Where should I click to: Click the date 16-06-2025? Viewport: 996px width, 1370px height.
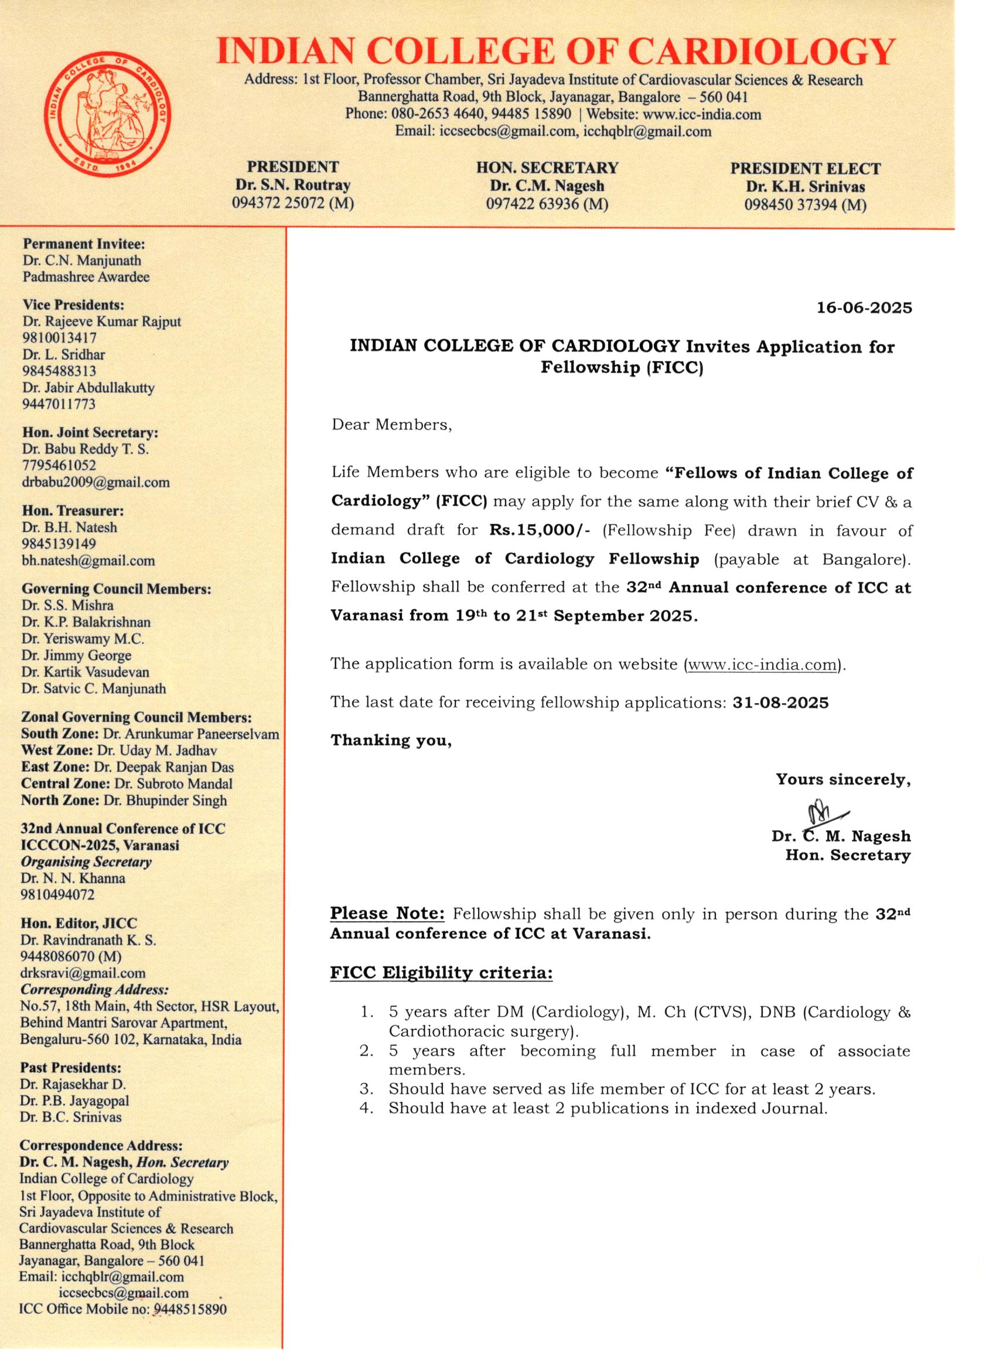coord(864,308)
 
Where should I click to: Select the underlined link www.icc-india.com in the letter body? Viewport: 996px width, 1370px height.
coord(762,664)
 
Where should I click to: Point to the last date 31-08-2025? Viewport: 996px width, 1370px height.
coord(780,703)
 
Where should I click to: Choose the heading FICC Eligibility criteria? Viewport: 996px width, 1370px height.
coord(441,973)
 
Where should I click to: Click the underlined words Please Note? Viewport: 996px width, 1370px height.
coord(387,914)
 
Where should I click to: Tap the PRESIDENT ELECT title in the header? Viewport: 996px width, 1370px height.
coord(805,169)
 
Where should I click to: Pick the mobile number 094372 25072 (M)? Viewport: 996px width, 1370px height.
coord(293,203)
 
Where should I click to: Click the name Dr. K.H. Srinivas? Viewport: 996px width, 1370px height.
coord(805,187)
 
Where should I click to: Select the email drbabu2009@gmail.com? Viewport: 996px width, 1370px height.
coord(95,482)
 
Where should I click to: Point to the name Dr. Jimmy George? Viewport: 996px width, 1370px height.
coord(76,655)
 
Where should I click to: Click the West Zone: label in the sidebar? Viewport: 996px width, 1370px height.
coord(57,750)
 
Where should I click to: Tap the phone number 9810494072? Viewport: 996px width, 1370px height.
coord(58,895)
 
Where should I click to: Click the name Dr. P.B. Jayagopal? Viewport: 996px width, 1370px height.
coord(74,1100)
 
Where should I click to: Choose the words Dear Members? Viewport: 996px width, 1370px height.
coord(391,425)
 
